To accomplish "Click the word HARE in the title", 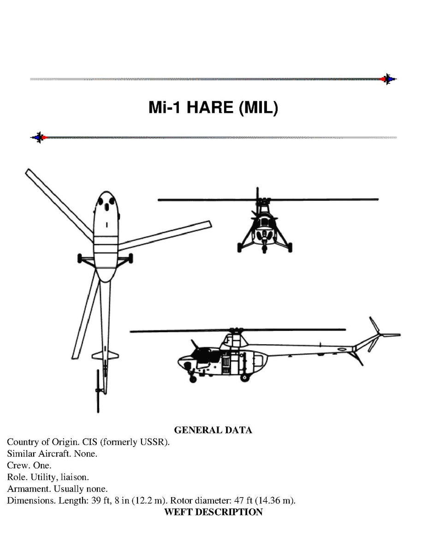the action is pyautogui.click(x=210, y=107).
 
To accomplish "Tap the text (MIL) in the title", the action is pyautogui.click(x=258, y=107).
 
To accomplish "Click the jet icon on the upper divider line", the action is pyautogui.click(x=388, y=79).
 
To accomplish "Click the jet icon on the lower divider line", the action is pyautogui.click(x=39, y=137).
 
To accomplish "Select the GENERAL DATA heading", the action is pyautogui.click(x=213, y=430).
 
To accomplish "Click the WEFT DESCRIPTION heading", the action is pyautogui.click(x=213, y=512).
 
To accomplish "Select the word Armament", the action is pyautogui.click(x=29, y=488).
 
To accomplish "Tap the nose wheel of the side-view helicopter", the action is pyautogui.click(x=193, y=379).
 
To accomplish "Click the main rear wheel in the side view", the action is pyautogui.click(x=244, y=378).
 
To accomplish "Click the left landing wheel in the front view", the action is pyautogui.click(x=240, y=247).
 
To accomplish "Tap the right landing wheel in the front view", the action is pyautogui.click(x=290, y=247).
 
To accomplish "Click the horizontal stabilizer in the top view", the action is pyautogui.click(x=105, y=356).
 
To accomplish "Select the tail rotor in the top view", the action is pyautogui.click(x=98, y=391).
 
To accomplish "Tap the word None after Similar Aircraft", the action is pyautogui.click(x=85, y=454).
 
